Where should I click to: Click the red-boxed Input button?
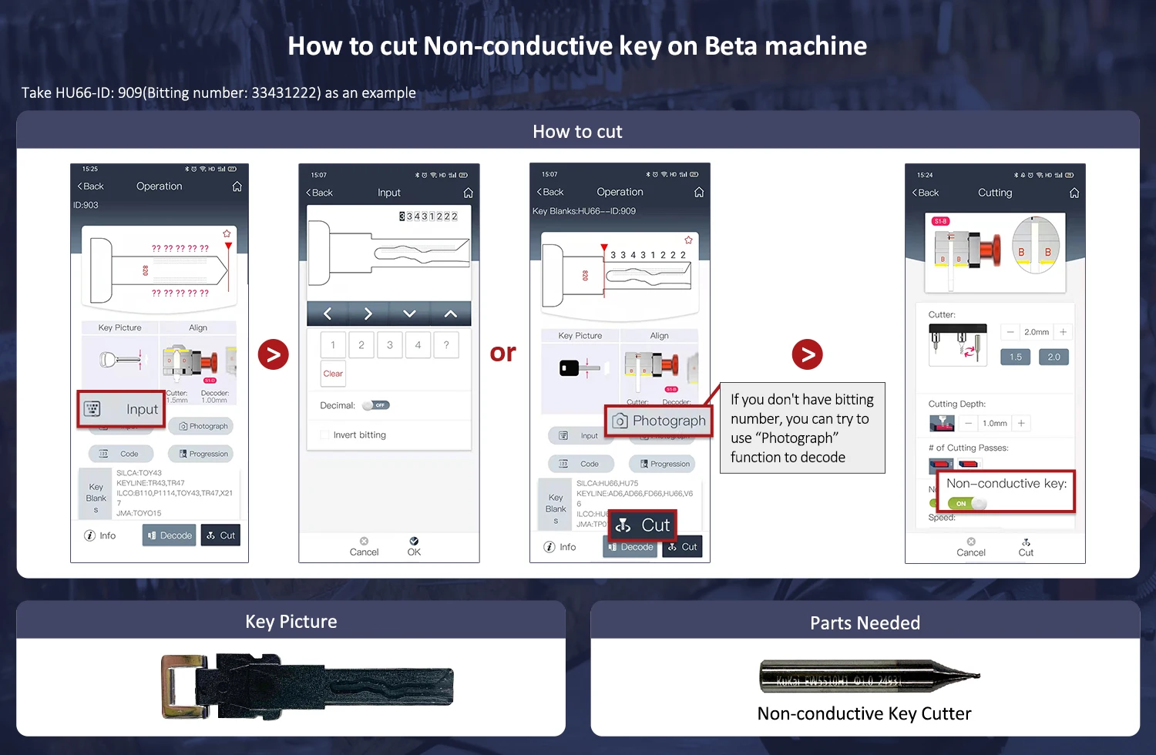pyautogui.click(x=121, y=409)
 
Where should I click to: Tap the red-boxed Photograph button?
pyautogui.click(x=659, y=421)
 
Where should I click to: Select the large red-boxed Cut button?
pyautogui.click(x=644, y=525)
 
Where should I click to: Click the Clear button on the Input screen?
pyautogui.click(x=333, y=374)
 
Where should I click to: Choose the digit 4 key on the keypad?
pyautogui.click(x=418, y=345)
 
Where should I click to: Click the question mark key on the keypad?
pyautogui.click(x=446, y=345)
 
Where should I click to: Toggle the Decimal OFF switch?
pyautogui.click(x=377, y=405)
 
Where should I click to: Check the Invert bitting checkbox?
pyautogui.click(x=324, y=435)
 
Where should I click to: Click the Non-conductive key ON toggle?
pyautogui.click(x=968, y=503)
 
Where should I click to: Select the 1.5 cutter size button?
pyautogui.click(x=1015, y=357)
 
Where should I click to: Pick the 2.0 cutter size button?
pyautogui.click(x=1054, y=357)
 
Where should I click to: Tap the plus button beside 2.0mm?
pyautogui.click(x=1064, y=332)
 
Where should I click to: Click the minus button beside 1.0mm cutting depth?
pyautogui.click(x=968, y=423)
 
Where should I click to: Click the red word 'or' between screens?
pyautogui.click(x=503, y=353)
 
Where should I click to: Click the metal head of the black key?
pyautogui.click(x=184, y=686)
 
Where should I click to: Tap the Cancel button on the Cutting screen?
pyautogui.click(x=971, y=547)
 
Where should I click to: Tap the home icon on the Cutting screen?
pyautogui.click(x=1074, y=193)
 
